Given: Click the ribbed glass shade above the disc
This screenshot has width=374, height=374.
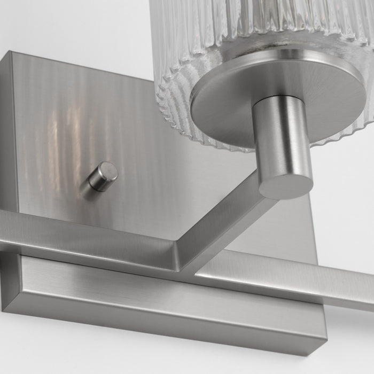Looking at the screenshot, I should [x=240, y=27].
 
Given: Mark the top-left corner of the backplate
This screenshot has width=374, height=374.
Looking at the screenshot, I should [x=12, y=52].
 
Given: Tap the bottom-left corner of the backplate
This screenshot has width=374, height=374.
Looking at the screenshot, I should [x=4, y=309].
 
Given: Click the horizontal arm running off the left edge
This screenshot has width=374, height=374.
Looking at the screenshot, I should [x=80, y=235].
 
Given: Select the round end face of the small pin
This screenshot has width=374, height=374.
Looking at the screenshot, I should [x=110, y=172].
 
